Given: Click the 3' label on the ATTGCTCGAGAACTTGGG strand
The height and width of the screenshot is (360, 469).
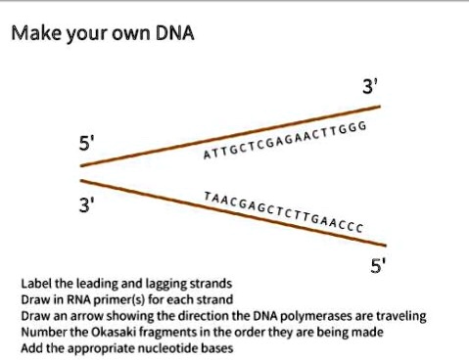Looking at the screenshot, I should point(368,88).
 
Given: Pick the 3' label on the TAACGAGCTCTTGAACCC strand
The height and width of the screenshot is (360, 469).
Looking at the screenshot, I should point(88,206).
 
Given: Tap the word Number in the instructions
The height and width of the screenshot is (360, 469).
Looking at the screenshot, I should point(42,332).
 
